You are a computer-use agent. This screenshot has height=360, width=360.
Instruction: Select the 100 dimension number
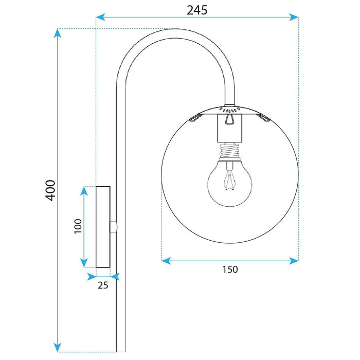pyautogui.click(x=77, y=226)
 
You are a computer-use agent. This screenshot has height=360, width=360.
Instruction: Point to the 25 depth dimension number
pyautogui.click(x=103, y=285)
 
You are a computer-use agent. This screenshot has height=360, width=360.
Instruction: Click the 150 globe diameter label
pyautogui.click(x=230, y=269)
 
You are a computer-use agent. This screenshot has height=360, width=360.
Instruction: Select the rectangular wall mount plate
pyautogui.click(x=103, y=227)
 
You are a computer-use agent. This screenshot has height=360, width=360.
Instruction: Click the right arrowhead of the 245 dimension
pyautogui.click(x=295, y=17)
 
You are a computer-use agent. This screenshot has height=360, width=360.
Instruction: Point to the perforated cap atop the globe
pyautogui.click(x=229, y=110)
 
